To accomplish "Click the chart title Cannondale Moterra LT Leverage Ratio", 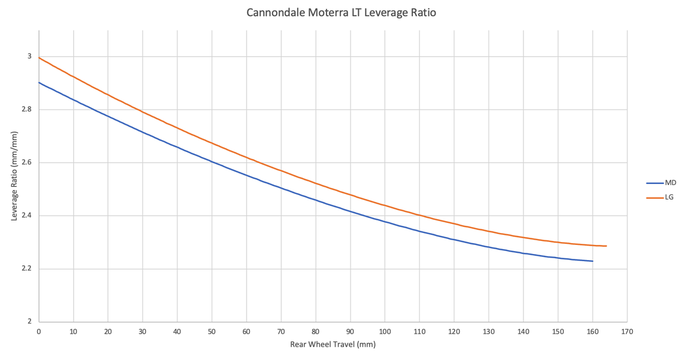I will [341, 13].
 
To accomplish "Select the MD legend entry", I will [670, 183].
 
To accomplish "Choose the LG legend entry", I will [669, 197].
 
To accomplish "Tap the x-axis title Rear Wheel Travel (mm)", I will [333, 344].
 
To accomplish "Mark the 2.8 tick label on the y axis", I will [25, 110].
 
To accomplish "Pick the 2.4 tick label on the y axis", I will [25, 216].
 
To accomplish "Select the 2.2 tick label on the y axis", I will [25, 268].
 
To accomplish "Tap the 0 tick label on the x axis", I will [39, 331].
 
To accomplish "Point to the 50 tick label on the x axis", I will [211, 331].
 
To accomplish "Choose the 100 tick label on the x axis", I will [385, 331].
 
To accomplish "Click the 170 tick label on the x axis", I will [627, 331].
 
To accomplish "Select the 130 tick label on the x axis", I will [488, 331].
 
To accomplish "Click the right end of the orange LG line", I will [606, 246].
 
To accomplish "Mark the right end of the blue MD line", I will [593, 261].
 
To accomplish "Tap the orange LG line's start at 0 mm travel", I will [39, 58].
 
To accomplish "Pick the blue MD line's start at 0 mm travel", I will [39, 83].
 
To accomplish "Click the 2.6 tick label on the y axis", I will [25, 163].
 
